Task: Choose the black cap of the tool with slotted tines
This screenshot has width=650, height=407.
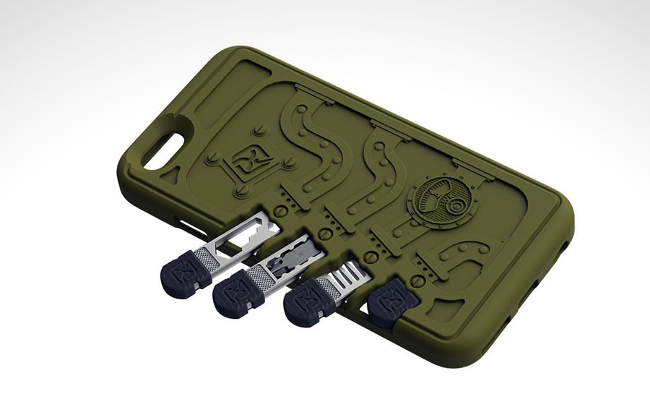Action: tap(308, 304)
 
